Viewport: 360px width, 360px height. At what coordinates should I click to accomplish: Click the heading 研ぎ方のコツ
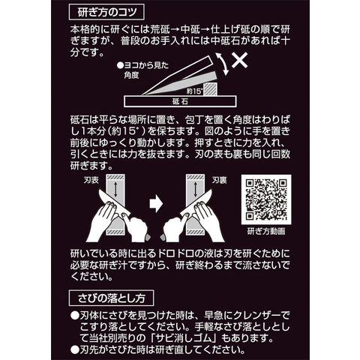107,12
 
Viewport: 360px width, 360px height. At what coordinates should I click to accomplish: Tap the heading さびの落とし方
111,298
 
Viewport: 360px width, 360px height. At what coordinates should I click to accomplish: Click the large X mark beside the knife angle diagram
239,60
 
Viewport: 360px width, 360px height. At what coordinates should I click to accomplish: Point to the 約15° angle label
194,91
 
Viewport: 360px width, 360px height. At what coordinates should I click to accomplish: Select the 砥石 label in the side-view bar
180,102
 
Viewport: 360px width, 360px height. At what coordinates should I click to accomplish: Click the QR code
266,199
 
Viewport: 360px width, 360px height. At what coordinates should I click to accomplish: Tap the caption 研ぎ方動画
266,231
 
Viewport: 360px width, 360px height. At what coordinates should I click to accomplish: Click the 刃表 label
91,180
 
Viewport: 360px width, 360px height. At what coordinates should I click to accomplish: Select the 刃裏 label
219,180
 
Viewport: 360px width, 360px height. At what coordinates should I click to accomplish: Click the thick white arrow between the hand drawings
156,204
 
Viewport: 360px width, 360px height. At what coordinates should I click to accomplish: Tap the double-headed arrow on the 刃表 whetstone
115,189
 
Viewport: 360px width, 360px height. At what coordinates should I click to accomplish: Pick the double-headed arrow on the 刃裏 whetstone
195,189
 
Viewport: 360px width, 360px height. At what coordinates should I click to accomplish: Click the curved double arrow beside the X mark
222,64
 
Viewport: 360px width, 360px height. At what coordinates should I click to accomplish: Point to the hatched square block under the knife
210,89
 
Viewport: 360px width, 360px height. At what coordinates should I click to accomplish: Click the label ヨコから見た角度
142,70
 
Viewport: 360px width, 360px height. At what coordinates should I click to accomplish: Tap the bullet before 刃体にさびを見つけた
74,316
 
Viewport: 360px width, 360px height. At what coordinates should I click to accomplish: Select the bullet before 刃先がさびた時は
74,349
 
